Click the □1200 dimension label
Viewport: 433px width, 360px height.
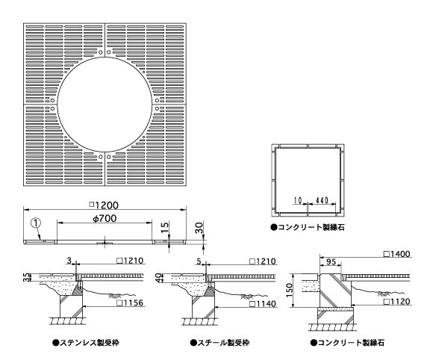tap(104, 205)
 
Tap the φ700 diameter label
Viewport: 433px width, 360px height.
tap(105, 218)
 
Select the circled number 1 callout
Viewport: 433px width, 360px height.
tap(37, 223)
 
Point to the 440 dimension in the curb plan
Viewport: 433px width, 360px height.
tap(322, 200)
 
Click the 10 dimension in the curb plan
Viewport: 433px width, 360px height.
tap(298, 200)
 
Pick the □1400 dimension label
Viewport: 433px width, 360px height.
tap(397, 254)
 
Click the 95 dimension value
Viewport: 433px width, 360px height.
tap(331, 261)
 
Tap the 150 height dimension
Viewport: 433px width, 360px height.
tap(289, 290)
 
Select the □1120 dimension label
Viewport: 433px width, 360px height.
tap(397, 301)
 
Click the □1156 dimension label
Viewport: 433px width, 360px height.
tap(130, 302)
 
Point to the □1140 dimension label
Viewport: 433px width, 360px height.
tap(263, 304)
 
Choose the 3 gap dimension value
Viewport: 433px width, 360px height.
tap(69, 261)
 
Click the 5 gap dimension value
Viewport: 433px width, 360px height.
tap(199, 261)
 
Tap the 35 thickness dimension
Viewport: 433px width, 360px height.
tap(26, 277)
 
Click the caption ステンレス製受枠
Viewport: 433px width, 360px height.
tap(86, 343)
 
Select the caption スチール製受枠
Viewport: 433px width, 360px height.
tap(219, 343)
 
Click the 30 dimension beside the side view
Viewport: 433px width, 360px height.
tap(199, 228)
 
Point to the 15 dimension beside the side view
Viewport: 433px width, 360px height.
tap(164, 227)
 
